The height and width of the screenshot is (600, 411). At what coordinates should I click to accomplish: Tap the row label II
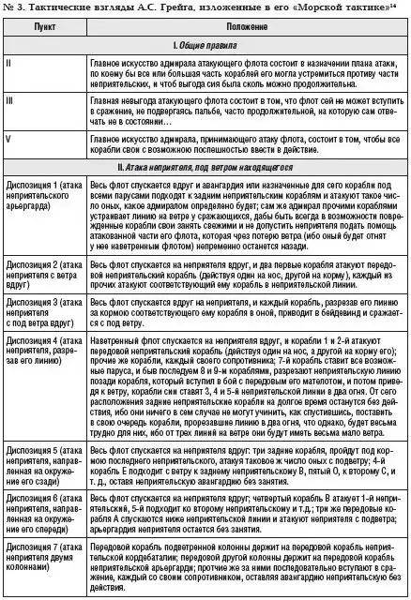tap(9, 63)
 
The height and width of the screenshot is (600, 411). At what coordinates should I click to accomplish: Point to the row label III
tap(10, 97)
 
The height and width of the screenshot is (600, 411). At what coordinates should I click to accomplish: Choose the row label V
tap(9, 140)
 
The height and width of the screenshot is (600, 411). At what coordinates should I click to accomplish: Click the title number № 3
tap(16, 8)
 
